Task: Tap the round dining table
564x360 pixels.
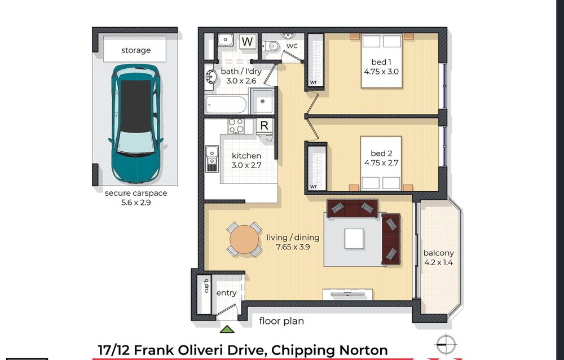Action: pyautogui.click(x=244, y=239)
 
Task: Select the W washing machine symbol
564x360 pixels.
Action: pyautogui.click(x=247, y=41)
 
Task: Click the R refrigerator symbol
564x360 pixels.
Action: pyautogui.click(x=265, y=125)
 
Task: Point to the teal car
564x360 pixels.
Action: pyautogui.click(x=136, y=124)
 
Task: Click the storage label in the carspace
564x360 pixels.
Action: pyautogui.click(x=136, y=50)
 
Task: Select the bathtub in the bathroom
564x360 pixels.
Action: pyautogui.click(x=226, y=105)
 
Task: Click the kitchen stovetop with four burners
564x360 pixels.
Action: pyautogui.click(x=236, y=126)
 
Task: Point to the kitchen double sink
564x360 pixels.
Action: pyautogui.click(x=211, y=159)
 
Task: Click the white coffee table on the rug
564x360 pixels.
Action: pyautogui.click(x=354, y=239)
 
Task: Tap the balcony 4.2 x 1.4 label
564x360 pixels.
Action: pyautogui.click(x=438, y=258)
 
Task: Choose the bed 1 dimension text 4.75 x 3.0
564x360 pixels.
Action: pyautogui.click(x=381, y=72)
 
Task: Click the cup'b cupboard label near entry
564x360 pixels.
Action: pyautogui.click(x=206, y=286)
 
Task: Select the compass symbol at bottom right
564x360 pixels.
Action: pyautogui.click(x=446, y=344)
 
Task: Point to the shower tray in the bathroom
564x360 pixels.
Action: pyautogui.click(x=262, y=101)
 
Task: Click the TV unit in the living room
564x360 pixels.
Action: pyautogui.click(x=347, y=294)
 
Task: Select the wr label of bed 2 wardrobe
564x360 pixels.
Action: pyautogui.click(x=313, y=186)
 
